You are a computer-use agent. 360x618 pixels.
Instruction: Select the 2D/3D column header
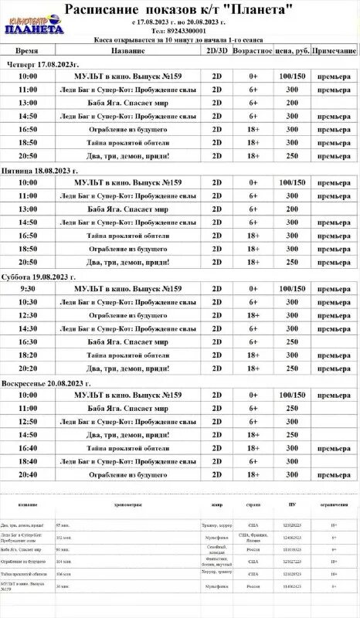(217, 50)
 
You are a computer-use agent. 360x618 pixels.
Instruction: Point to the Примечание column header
(334, 50)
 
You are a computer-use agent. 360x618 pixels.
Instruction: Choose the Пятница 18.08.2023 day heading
(43, 169)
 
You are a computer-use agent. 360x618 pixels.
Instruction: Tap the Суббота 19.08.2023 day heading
(42, 276)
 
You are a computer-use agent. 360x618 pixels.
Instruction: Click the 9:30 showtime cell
(28, 288)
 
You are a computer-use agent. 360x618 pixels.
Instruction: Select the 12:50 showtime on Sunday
(28, 421)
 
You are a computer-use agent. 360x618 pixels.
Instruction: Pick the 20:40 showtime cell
(28, 474)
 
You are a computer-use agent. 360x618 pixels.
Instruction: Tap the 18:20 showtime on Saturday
(28, 355)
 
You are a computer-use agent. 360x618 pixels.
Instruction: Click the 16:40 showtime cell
(28, 448)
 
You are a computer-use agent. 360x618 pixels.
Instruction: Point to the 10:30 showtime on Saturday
(28, 302)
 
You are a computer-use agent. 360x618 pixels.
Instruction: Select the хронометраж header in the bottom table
(128, 504)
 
